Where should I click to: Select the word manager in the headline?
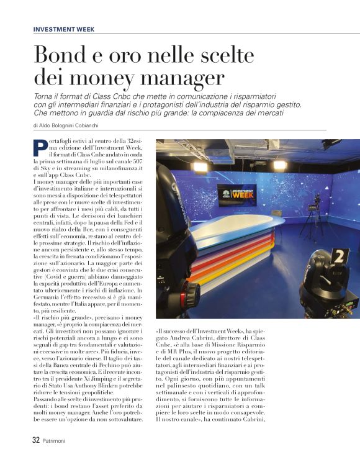[x=180, y=79]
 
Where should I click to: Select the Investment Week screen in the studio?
[x=236, y=194]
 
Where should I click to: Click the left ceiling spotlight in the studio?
[x=200, y=166]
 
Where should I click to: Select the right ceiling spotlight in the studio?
[x=280, y=165]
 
